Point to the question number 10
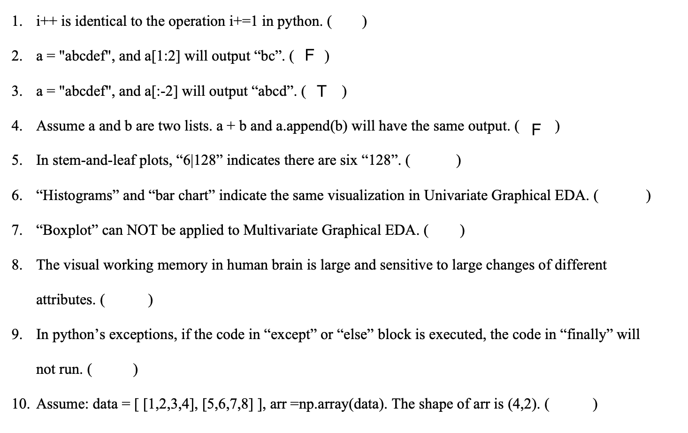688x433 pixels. [x=19, y=404]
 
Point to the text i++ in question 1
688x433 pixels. [x=46, y=21]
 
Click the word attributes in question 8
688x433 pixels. [x=65, y=300]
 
